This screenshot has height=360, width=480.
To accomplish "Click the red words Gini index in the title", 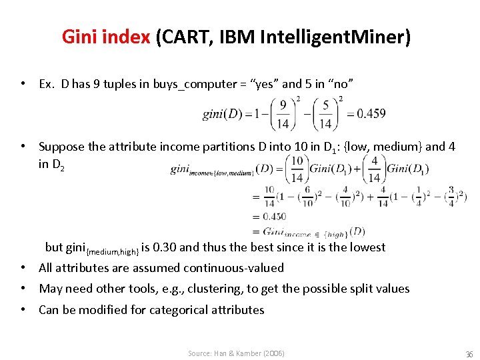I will (105, 37).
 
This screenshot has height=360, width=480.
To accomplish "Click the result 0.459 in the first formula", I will (370, 113).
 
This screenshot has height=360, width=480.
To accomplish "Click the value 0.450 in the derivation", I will (274, 216).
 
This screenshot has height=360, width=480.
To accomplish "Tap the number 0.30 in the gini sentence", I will (164, 247).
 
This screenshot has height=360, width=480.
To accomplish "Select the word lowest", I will (366, 247).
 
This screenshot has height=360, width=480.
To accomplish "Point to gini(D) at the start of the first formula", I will (221, 114).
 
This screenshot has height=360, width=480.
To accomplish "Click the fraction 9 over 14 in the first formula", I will (283, 113).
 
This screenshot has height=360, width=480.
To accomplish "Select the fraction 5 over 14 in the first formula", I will (325, 113).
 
